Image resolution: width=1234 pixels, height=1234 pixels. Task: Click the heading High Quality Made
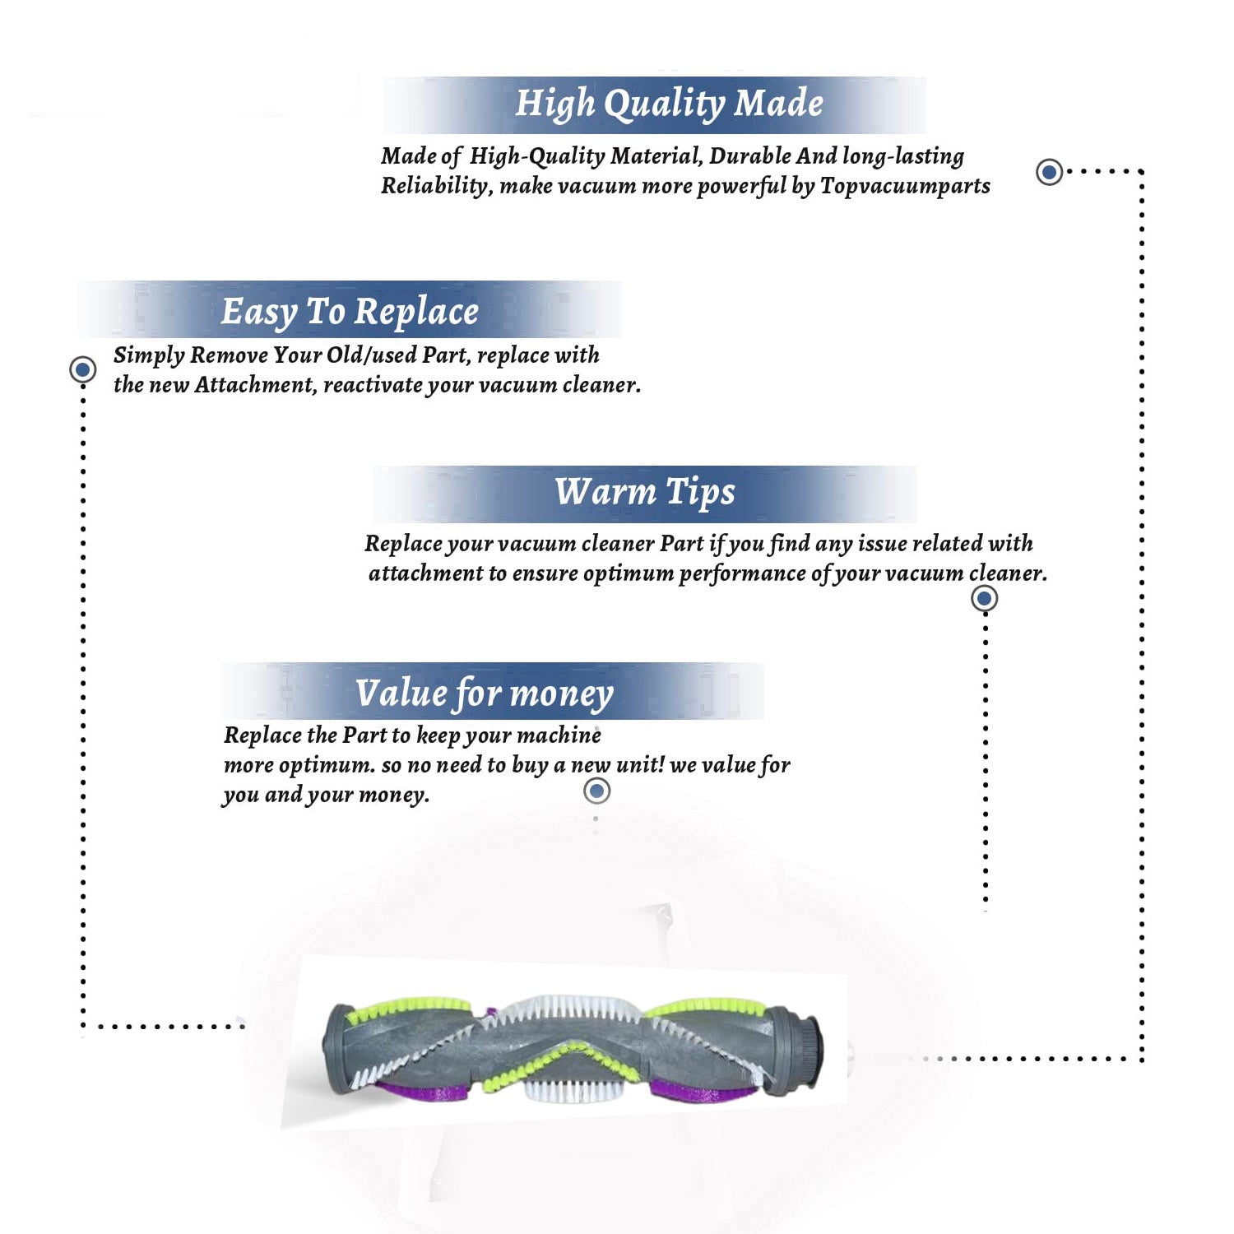[669, 104]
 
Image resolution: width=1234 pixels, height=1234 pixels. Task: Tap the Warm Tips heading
[645, 493]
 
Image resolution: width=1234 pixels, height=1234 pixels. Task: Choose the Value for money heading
[485, 694]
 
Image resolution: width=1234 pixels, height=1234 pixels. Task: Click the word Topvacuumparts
[905, 187]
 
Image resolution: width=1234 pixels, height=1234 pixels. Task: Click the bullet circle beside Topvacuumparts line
[1049, 172]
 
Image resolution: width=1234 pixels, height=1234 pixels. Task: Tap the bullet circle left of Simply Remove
[82, 369]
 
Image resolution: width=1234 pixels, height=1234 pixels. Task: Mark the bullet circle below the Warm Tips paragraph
[985, 598]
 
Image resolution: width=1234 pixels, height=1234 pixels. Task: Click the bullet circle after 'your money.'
[596, 791]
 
